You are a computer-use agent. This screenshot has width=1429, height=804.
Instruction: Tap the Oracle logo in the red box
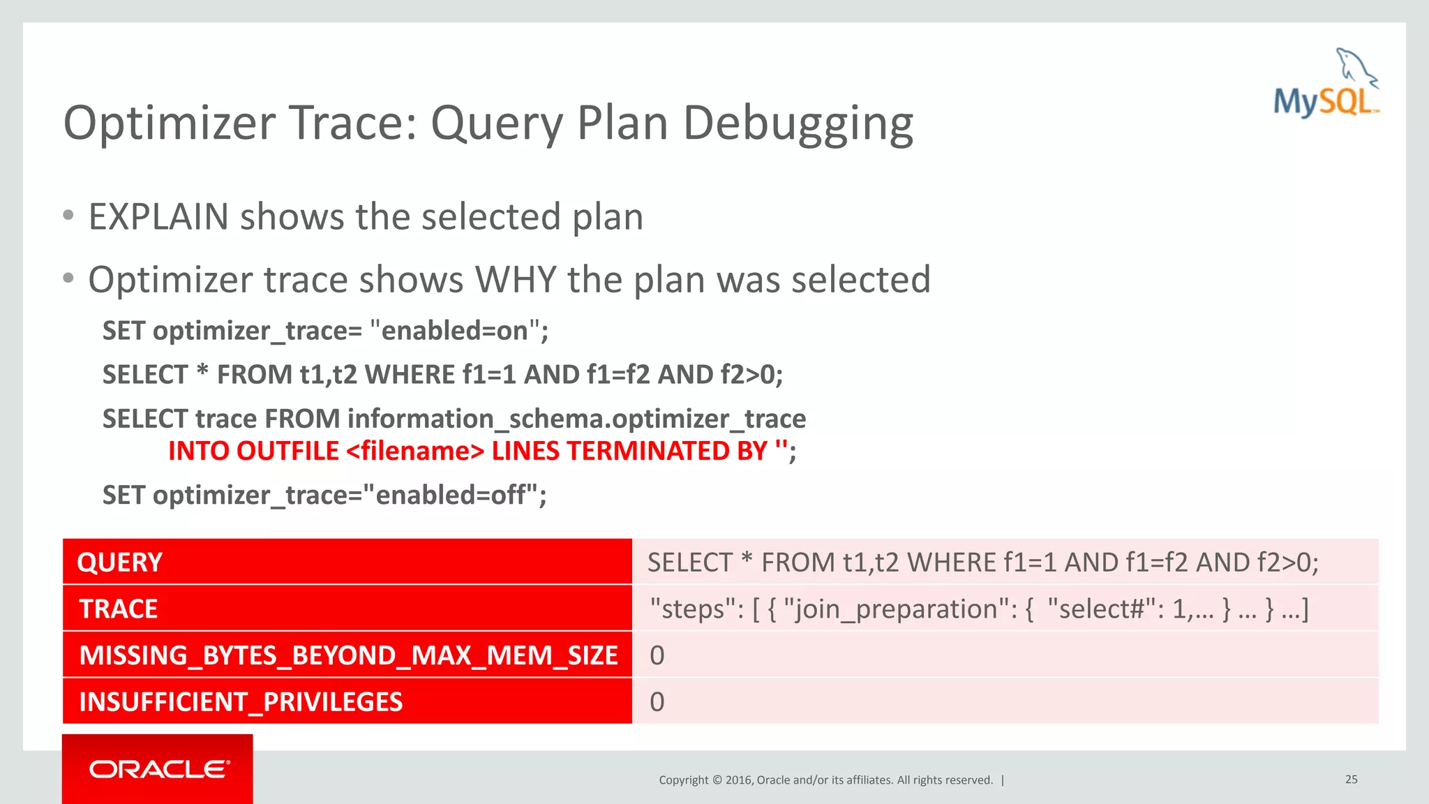tap(159, 769)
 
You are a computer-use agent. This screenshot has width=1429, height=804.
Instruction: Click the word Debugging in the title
tap(798, 123)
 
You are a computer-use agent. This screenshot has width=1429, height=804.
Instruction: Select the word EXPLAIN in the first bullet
tap(158, 216)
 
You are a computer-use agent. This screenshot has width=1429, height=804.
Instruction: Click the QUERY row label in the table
tap(119, 563)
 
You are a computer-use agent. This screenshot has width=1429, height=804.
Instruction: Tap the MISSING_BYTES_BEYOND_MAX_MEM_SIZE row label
tap(347, 655)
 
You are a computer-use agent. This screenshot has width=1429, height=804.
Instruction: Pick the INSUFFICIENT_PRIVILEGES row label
tap(241, 701)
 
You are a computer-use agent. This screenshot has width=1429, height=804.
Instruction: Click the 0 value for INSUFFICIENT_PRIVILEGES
tap(657, 701)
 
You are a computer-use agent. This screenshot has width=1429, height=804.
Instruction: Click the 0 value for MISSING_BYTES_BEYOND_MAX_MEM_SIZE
tap(657, 655)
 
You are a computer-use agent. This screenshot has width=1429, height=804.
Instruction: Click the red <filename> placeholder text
tap(414, 451)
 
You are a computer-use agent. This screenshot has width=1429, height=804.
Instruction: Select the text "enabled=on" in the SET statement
tap(455, 331)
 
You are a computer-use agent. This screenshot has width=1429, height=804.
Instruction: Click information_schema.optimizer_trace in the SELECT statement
tap(576, 419)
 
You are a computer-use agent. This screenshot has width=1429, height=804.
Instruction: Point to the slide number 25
tap(1351, 779)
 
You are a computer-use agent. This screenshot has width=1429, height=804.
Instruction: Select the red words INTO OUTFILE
tap(253, 451)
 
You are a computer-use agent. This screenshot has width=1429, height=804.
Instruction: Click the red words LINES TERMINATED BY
tap(629, 451)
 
